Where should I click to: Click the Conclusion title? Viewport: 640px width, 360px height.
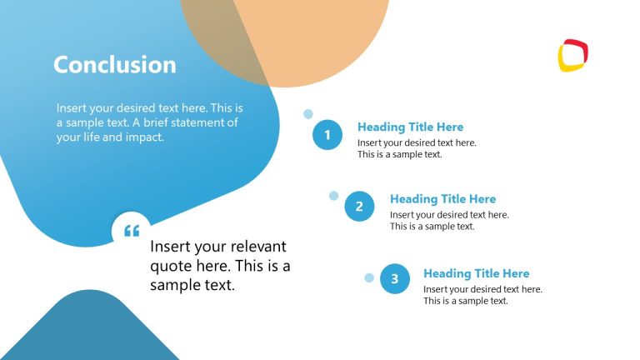click(x=115, y=65)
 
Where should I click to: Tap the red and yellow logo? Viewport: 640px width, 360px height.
click(x=573, y=56)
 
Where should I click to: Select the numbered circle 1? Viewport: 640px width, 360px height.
click(x=327, y=135)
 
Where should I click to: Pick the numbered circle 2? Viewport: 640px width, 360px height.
click(x=359, y=207)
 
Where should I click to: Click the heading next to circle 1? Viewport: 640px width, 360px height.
click(x=410, y=127)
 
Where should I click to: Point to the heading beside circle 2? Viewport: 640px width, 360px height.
click(x=442, y=199)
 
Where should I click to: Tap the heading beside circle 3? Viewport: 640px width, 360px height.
click(x=476, y=273)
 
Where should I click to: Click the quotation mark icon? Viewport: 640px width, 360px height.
click(x=132, y=231)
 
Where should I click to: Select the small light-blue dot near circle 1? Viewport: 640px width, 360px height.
click(x=308, y=114)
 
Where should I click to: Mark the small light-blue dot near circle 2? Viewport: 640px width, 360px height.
click(x=334, y=196)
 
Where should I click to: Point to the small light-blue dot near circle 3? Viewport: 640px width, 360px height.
click(x=369, y=277)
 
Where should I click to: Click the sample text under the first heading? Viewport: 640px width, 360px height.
click(x=417, y=148)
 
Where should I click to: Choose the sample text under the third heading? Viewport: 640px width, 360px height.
click(x=482, y=295)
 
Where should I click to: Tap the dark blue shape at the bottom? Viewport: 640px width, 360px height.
click(x=92, y=329)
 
